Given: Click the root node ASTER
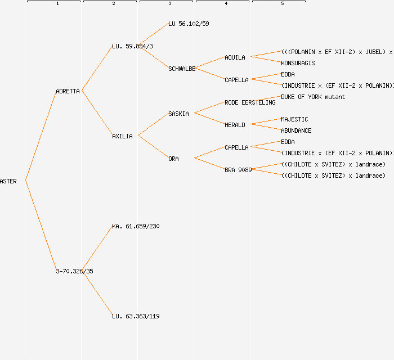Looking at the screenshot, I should (8, 181).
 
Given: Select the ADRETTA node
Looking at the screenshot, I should (68, 91).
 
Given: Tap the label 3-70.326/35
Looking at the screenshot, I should (74, 271).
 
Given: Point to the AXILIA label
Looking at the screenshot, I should (122, 136).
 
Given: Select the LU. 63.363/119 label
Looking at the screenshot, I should (136, 316).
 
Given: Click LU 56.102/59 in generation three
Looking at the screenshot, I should (189, 24).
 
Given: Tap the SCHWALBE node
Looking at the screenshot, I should (182, 69).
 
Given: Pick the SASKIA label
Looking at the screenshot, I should (178, 114).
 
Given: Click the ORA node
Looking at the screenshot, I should (173, 159).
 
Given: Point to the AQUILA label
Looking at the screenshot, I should (235, 57).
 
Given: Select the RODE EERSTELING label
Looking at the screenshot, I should (250, 102).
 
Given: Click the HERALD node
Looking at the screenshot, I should (235, 125).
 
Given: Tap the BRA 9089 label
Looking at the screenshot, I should (238, 170).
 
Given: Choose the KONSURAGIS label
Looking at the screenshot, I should (298, 63).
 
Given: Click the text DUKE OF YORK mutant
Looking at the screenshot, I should (313, 97).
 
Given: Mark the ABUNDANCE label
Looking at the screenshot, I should (296, 130).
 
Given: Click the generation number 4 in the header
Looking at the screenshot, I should (226, 4).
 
